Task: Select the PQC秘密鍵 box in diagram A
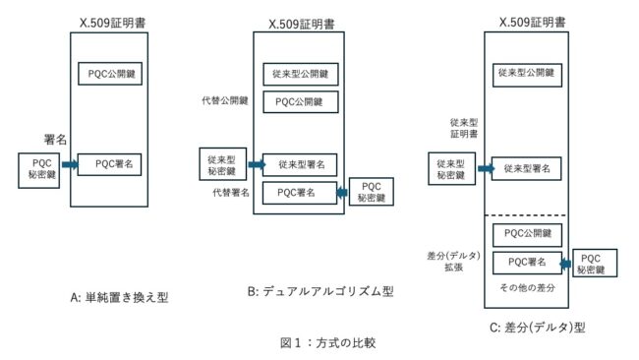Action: pos(39,169)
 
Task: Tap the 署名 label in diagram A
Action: pos(55,140)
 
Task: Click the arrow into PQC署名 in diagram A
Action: pos(70,165)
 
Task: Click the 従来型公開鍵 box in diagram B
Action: pos(301,74)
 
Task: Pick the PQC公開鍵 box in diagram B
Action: pos(301,101)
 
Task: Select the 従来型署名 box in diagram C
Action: pos(526,169)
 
